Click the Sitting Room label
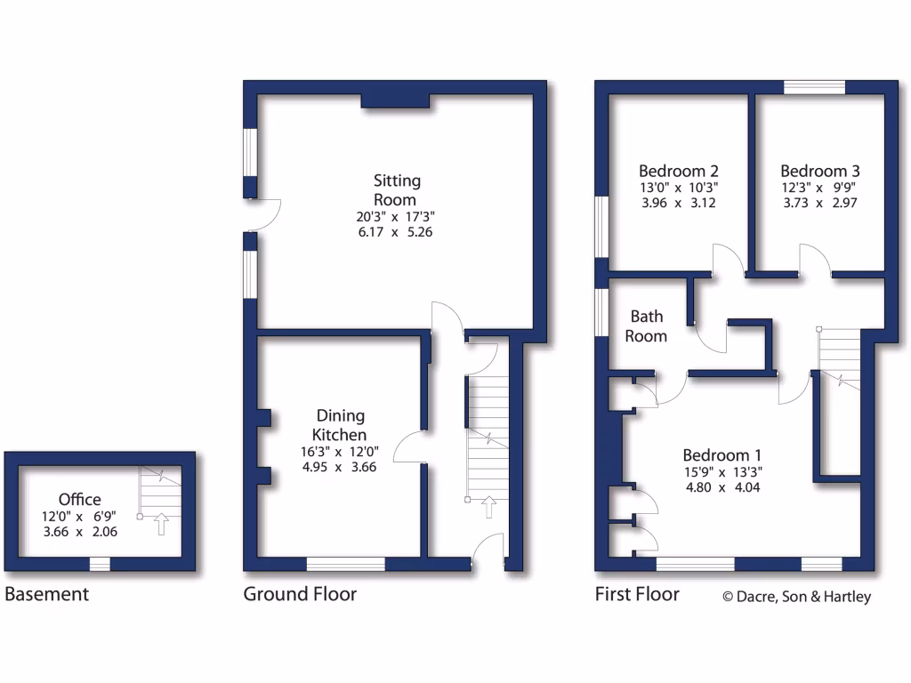pos(396,190)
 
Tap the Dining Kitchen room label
pos(342,425)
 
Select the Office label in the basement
pos(80,500)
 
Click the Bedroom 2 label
pos(679,171)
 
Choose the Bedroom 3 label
pos(820,171)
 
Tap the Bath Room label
pos(647,325)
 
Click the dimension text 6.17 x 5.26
pos(396,232)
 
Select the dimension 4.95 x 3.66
pos(342,466)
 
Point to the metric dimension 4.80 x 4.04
pos(722,487)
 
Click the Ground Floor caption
pos(300,594)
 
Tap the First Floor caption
pos(637,594)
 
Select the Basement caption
pos(46,594)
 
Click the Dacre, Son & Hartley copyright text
pos(796,597)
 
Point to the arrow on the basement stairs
pos(161,524)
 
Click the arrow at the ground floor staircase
pos(488,507)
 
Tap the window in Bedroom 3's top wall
pos(814,87)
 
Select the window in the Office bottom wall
pos(100,564)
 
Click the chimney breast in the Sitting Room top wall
pos(396,101)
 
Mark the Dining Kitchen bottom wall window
pos(346,564)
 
